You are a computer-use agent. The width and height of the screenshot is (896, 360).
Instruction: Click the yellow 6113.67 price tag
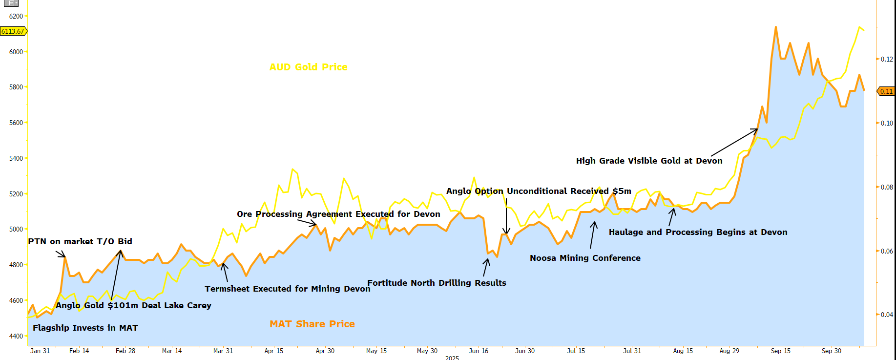click(x=13, y=31)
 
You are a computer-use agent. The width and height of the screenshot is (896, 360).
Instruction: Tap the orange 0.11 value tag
click(x=886, y=91)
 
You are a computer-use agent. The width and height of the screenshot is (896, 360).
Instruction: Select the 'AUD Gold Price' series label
click(x=308, y=67)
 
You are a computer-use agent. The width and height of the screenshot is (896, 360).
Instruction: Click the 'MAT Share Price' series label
click(x=312, y=324)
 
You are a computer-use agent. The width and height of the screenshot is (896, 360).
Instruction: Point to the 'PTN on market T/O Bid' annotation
click(x=80, y=241)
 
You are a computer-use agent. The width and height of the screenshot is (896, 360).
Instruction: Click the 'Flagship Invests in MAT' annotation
click(x=85, y=328)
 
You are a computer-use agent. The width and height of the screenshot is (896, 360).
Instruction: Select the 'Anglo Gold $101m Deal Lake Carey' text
click(x=133, y=305)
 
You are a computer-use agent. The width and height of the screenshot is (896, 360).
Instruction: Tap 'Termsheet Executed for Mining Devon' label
click(x=288, y=289)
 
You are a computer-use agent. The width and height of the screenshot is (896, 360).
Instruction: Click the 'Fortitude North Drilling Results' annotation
click(x=437, y=283)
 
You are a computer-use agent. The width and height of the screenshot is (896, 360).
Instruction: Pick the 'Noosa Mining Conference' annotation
click(x=585, y=258)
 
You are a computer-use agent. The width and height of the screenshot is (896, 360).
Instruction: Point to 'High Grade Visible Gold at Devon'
click(x=649, y=161)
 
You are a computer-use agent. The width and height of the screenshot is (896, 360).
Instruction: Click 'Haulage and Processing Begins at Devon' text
click(x=698, y=232)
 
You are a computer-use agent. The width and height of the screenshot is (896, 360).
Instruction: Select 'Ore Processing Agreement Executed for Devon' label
click(x=338, y=214)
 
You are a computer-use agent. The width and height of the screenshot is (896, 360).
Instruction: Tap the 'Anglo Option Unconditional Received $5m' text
click(x=539, y=191)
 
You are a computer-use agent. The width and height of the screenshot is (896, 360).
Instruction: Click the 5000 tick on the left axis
click(x=16, y=229)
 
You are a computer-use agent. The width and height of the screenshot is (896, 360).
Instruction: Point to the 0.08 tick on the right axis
click(x=887, y=187)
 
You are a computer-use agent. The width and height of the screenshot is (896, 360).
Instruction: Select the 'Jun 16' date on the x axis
click(x=478, y=351)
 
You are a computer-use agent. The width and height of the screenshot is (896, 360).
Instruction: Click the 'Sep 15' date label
click(x=780, y=351)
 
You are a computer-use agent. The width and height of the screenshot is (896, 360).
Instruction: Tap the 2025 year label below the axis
click(x=452, y=358)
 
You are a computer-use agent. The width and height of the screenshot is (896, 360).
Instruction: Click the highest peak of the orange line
click(x=776, y=27)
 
